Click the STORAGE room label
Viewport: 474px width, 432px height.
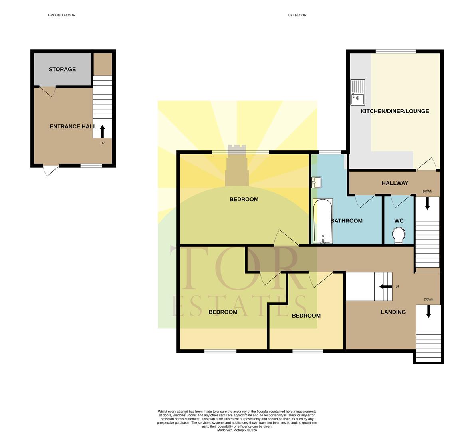click(x=62, y=69)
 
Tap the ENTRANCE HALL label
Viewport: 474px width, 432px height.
click(x=73, y=126)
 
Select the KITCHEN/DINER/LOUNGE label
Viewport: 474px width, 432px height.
click(x=395, y=111)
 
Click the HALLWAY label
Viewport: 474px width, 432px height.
click(x=395, y=183)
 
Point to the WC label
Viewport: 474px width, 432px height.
click(x=399, y=221)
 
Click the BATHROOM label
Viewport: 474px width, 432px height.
click(x=346, y=221)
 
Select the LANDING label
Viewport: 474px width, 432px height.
click(x=393, y=312)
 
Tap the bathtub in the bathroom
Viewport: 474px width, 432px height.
click(x=323, y=221)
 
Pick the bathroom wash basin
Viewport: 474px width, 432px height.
click(x=316, y=183)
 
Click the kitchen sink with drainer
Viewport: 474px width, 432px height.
click(x=357, y=92)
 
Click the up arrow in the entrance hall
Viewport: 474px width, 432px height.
click(x=102, y=131)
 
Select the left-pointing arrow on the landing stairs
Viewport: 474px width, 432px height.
click(x=385, y=286)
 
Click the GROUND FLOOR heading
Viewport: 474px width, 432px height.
click(x=61, y=15)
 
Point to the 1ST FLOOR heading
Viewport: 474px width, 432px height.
click(x=297, y=15)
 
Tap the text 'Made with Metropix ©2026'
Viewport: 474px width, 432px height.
click(x=237, y=430)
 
